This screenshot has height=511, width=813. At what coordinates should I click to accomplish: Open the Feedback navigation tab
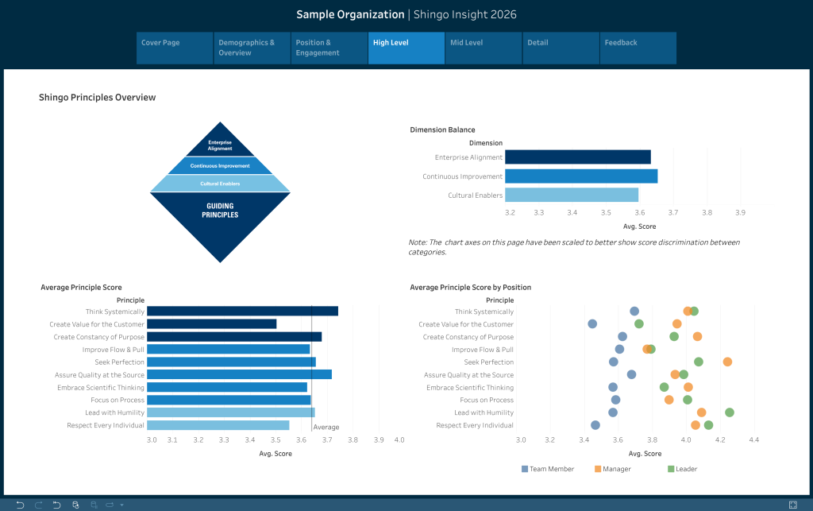pos(638,48)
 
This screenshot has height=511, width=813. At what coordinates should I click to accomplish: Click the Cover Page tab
pos(175,48)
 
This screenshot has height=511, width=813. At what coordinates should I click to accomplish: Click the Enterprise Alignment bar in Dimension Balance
pos(577,157)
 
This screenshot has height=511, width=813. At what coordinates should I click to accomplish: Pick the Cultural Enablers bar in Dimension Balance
pos(571,195)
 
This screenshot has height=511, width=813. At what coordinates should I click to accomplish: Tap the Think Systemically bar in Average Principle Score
pos(242,312)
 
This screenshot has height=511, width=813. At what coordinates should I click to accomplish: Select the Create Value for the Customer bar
pos(211,324)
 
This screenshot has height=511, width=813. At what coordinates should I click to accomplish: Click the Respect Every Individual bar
pos(218,425)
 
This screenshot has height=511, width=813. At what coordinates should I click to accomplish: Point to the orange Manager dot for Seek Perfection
pos(727,362)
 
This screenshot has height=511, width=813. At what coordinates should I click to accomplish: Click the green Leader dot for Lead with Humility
pos(730,412)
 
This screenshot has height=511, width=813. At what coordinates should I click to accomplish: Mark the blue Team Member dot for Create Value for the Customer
pos(592,323)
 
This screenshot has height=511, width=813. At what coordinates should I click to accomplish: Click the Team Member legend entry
pos(548,469)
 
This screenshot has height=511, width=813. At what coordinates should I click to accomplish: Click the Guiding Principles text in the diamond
pos(220,211)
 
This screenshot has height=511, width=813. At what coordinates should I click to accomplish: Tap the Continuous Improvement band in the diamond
pos(220,166)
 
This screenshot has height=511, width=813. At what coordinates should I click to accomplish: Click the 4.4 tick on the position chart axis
pos(754,439)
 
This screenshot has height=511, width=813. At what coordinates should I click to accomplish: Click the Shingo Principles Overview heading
pos(97,98)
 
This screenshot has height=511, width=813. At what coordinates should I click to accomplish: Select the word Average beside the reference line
pos(326,428)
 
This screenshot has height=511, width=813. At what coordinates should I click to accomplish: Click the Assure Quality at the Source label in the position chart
pos(468,374)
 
